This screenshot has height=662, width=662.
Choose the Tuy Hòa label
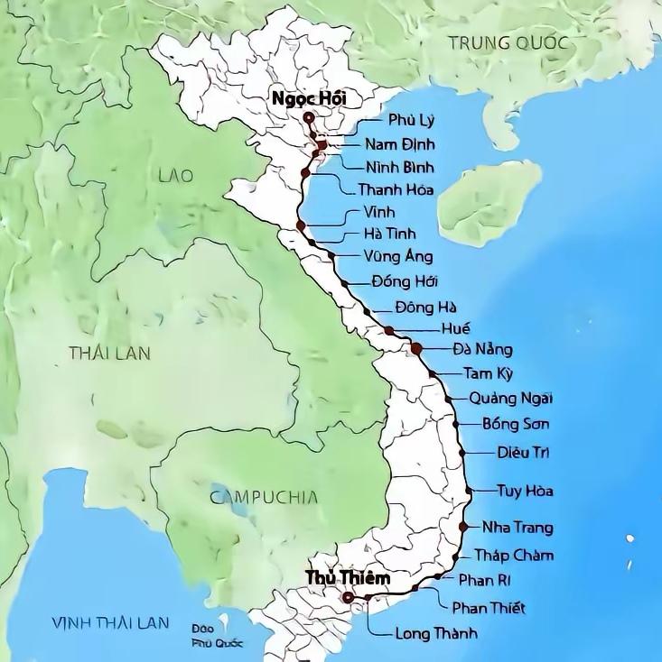click(x=525, y=492)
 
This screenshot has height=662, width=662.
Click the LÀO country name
click(x=175, y=175)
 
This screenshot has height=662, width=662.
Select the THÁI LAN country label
click(x=108, y=353)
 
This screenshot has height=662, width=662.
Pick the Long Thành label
click(x=436, y=632)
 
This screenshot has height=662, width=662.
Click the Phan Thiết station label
click(x=489, y=608)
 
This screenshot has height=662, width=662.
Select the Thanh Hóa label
click(x=396, y=190)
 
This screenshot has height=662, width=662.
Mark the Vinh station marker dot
click(x=301, y=225)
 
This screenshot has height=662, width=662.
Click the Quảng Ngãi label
click(x=511, y=399)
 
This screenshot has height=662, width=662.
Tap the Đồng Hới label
click(x=404, y=281)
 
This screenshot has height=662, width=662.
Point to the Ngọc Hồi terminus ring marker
click(x=309, y=117)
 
